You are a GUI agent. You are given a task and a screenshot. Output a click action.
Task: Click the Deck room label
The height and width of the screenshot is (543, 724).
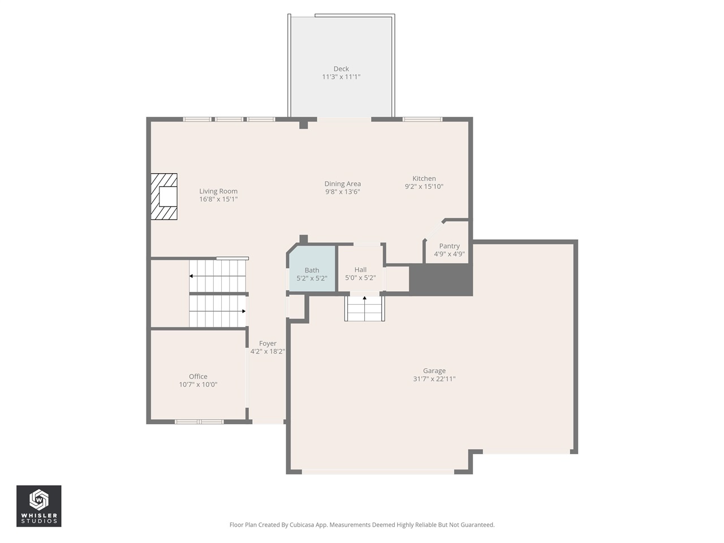[341, 69]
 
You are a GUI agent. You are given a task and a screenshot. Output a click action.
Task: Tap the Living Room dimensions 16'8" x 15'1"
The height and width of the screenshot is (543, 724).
[218, 199]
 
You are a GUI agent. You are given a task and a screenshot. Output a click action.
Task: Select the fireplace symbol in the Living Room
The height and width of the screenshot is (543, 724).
[164, 196]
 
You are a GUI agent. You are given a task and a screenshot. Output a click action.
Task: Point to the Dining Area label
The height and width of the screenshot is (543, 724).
[342, 184]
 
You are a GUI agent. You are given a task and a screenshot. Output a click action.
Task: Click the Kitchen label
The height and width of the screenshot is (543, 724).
[424, 178]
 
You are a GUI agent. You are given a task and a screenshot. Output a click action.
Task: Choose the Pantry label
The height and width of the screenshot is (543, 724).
[449, 246]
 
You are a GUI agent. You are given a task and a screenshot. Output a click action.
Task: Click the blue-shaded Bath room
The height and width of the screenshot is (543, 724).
[312, 269]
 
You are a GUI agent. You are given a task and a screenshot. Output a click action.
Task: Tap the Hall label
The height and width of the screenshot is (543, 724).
[360, 270]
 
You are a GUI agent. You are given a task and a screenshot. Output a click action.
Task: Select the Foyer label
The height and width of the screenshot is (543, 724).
[268, 343]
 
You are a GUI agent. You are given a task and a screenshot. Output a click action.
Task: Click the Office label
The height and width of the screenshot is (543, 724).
[198, 376]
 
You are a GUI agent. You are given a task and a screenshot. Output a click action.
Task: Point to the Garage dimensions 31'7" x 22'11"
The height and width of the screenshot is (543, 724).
[434, 379]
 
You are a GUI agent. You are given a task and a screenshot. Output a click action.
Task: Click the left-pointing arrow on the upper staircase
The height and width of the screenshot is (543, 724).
[192, 276]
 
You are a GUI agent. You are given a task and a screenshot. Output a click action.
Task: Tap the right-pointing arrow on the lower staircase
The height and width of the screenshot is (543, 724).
[243, 311]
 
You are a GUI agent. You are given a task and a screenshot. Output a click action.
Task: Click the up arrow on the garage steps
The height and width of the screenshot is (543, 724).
[364, 298]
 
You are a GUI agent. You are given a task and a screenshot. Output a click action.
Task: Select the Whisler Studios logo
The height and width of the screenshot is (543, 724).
[38, 506]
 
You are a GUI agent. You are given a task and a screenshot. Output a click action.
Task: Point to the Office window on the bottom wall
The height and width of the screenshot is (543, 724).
[199, 421]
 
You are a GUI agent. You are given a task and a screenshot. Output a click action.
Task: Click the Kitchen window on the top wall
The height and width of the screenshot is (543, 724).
[423, 119]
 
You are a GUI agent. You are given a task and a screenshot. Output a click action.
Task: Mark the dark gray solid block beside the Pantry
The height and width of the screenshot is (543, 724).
[441, 279]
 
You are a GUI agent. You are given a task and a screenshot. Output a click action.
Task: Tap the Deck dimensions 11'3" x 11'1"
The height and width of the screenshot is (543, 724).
[341, 77]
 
